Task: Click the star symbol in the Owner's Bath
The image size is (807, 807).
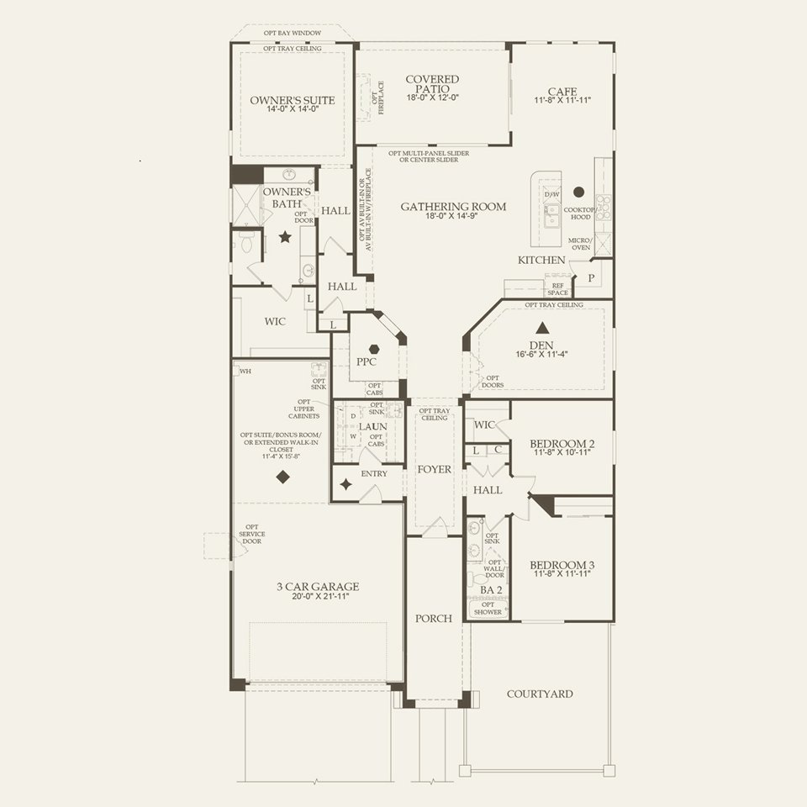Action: tap(285, 238)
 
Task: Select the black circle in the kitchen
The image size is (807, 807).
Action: tap(579, 191)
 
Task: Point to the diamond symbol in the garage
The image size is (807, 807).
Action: tap(283, 477)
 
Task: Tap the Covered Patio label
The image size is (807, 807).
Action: tap(432, 84)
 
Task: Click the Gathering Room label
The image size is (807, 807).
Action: tap(453, 206)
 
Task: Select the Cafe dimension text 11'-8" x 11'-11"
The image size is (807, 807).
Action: tap(562, 100)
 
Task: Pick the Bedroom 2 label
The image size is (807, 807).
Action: tap(562, 444)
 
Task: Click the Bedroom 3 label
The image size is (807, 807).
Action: tap(562, 564)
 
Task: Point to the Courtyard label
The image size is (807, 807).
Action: tap(540, 694)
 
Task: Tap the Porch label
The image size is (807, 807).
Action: tap(434, 618)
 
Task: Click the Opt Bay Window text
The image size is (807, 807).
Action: tap(293, 33)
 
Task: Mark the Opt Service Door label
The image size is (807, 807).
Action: tap(251, 536)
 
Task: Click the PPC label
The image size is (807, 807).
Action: tap(367, 361)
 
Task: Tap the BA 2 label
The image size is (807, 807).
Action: tap(490, 590)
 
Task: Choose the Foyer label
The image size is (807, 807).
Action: tap(434, 469)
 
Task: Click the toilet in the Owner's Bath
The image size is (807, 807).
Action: tap(246, 243)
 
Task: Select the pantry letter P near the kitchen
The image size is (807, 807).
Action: tap(591, 277)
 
